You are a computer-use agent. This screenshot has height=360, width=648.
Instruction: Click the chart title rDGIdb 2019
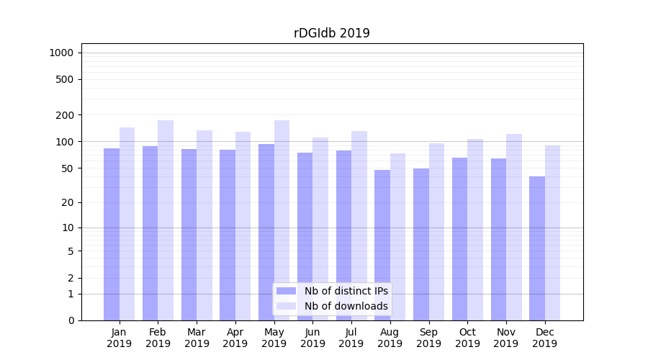(332, 33)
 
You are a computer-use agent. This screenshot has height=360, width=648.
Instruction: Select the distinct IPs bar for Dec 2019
(537, 248)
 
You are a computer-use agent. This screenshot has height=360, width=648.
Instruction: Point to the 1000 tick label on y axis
(61, 53)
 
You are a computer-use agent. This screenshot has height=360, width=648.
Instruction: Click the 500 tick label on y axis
(65, 79)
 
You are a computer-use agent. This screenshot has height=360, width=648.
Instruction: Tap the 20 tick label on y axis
(68, 202)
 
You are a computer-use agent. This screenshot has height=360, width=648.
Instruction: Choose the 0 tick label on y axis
(71, 320)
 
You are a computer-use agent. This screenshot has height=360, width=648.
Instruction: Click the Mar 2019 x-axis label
(197, 338)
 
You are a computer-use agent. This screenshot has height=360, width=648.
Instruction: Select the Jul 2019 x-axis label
(351, 338)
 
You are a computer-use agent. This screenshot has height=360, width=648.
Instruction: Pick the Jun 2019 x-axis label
(312, 338)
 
